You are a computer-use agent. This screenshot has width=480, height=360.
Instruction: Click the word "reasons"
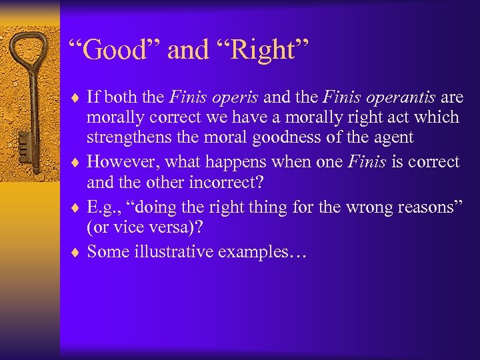pyautogui.click(x=421, y=207)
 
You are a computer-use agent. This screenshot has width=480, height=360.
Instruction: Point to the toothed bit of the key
pyautogui.click(x=21, y=143)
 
